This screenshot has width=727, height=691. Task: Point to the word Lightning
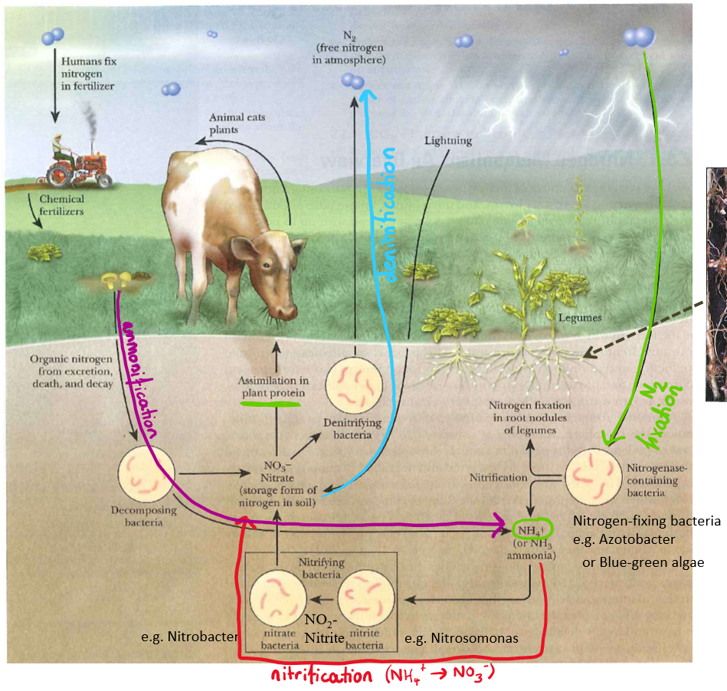[447, 141]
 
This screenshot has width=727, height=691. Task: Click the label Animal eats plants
[234, 124]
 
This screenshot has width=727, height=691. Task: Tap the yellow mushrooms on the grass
[115, 280]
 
